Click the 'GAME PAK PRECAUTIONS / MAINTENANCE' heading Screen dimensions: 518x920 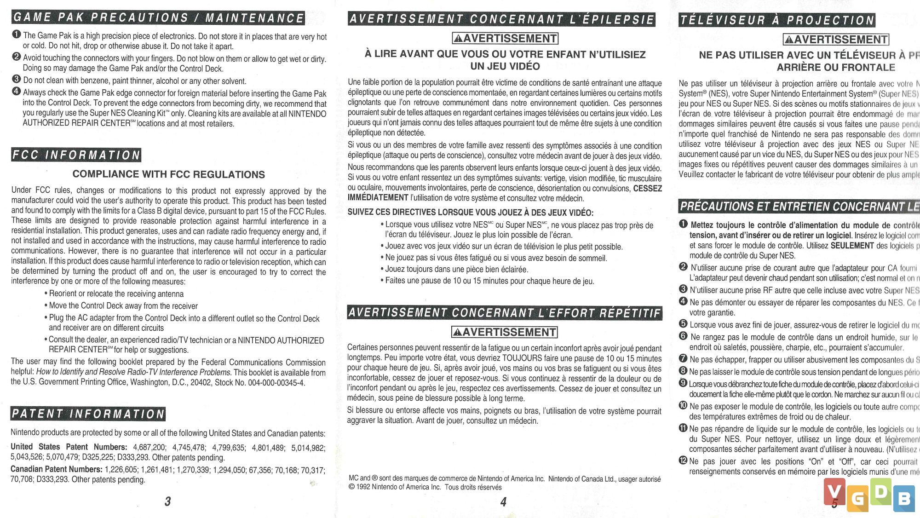pyautogui.click(x=158, y=18)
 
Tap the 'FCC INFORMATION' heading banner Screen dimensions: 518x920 pyautogui.click(x=76, y=155)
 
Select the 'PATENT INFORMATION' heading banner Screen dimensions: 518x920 pyautogui.click(x=88, y=414)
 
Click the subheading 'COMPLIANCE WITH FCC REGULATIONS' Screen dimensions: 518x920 pyautogui.click(x=168, y=174)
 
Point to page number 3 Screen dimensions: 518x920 pyautogui.click(x=168, y=501)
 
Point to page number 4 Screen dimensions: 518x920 pyautogui.click(x=503, y=501)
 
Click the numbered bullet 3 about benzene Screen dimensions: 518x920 pyautogui.click(x=17, y=79)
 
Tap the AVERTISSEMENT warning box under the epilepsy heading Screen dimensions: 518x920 pyautogui.click(x=505, y=38)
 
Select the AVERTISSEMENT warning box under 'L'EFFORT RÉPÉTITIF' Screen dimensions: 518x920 pyautogui.click(x=504, y=332)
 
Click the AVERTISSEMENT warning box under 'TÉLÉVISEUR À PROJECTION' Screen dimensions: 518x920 pyautogui.click(x=836, y=40)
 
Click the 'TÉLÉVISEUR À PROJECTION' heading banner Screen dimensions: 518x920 pyautogui.click(x=777, y=20)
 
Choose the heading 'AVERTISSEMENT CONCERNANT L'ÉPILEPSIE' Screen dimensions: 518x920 pyautogui.click(x=501, y=19)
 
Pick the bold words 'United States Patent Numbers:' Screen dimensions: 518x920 pyautogui.click(x=69, y=447)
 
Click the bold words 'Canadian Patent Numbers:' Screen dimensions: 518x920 pyautogui.click(x=57, y=469)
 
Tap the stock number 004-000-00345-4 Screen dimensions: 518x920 pyautogui.click(x=276, y=383)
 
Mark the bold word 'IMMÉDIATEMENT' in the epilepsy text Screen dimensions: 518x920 pyautogui.click(x=378, y=198)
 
